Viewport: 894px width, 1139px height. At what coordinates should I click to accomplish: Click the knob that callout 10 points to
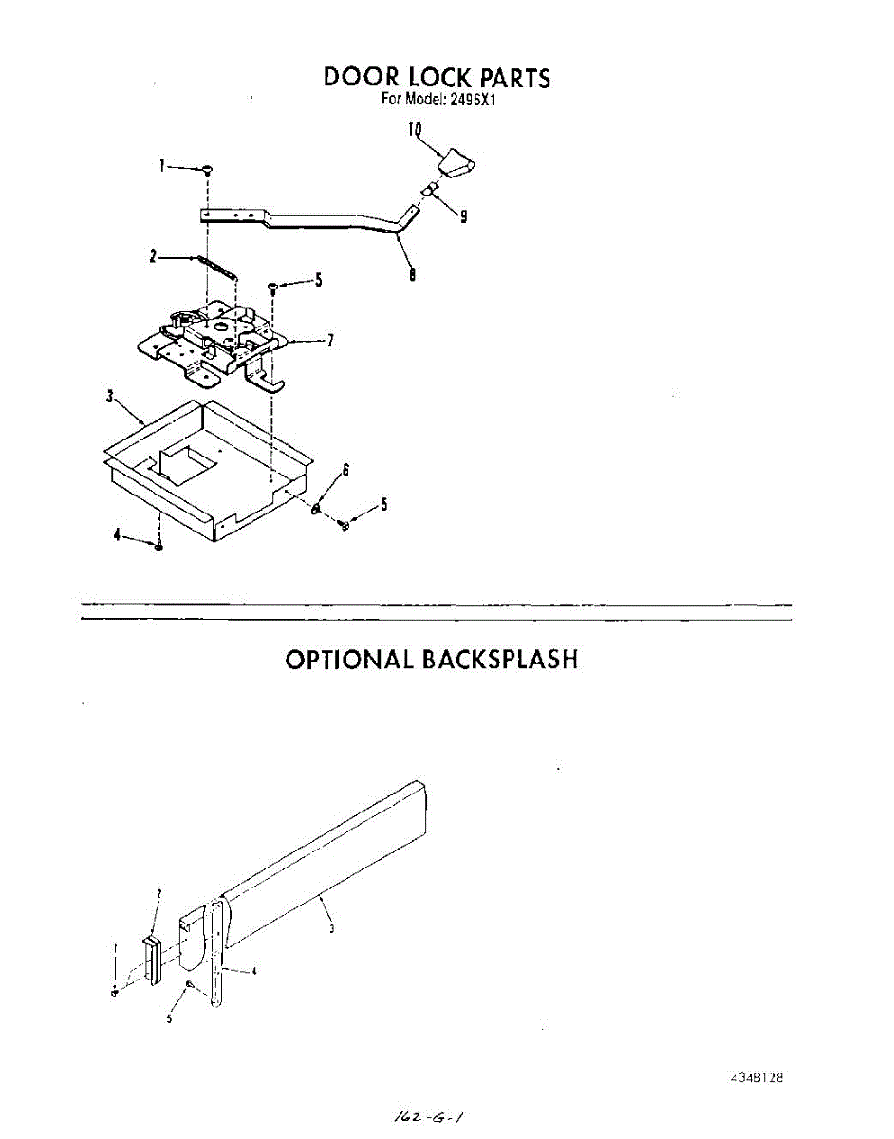458,162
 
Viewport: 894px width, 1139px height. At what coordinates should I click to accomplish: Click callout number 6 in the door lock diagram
346,471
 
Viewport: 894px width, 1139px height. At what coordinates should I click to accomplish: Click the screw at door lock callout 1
207,169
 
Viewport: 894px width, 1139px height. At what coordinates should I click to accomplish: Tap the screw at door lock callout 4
159,545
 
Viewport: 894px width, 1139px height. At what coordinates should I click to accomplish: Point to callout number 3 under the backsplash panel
331,929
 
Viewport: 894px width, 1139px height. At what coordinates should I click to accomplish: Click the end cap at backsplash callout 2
150,961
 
